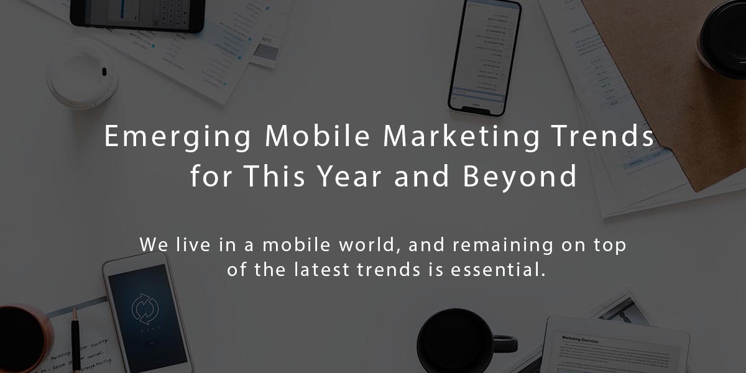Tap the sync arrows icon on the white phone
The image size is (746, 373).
145,307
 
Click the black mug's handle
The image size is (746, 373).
505,343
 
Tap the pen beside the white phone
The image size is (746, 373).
76,339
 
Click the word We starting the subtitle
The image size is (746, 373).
151,244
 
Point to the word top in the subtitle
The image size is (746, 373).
610,246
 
